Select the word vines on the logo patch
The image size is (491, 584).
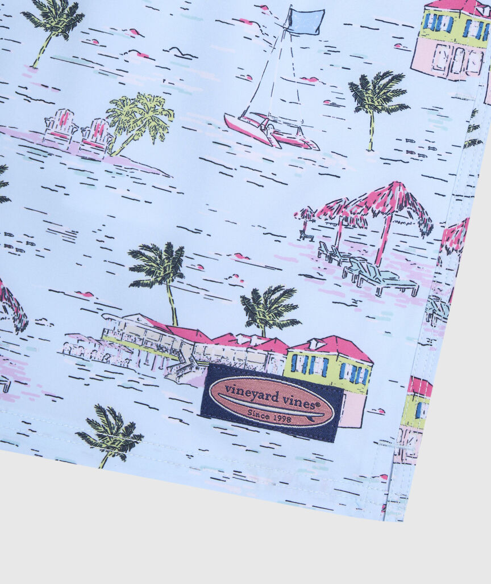click(x=302, y=403)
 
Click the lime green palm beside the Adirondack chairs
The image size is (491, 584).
click(x=139, y=119)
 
